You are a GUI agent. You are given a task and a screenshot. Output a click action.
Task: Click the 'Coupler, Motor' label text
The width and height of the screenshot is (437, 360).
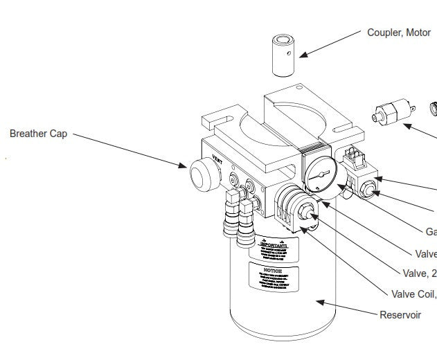coord(398,33)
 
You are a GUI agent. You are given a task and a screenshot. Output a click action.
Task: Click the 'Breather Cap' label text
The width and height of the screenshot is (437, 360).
coord(38,134)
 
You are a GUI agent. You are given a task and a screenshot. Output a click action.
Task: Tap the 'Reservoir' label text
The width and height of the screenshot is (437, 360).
coord(400,315)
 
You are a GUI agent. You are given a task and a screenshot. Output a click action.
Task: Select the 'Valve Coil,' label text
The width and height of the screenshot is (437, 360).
coord(413,294)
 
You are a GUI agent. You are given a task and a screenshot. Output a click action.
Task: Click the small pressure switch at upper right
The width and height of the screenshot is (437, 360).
coord(391,112)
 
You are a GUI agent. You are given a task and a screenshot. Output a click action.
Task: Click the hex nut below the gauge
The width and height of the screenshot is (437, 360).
coord(303,206)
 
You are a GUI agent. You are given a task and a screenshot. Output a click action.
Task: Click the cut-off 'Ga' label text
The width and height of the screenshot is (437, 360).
coord(431,231)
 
